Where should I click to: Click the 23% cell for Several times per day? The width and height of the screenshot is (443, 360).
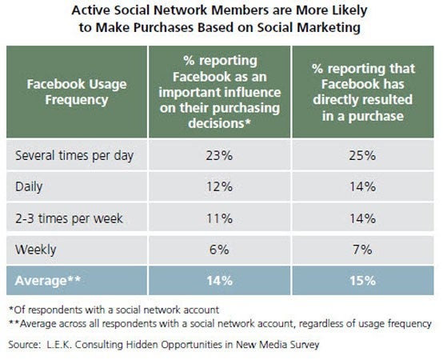point(219,155)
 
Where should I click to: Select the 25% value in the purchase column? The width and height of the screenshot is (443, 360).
point(362,155)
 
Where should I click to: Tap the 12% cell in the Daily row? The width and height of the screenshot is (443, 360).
point(219,186)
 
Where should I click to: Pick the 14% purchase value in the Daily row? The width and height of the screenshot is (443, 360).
point(363,186)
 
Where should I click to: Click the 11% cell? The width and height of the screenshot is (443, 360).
point(219,218)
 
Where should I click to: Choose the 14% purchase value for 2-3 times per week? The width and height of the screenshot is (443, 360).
point(363,218)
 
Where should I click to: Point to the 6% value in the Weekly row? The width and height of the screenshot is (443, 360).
point(219,250)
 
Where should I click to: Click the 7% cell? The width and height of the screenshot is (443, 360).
point(362,250)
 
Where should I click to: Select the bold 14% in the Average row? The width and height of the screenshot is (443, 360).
point(220,281)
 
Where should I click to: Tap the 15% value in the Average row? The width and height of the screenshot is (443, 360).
point(363,281)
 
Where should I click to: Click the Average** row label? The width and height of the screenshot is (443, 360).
point(47,281)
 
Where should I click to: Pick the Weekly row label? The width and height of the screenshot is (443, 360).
point(36,250)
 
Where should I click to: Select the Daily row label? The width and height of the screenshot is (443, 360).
point(29,187)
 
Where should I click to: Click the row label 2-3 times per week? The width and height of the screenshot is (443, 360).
point(69,218)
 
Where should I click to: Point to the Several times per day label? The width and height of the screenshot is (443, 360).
point(74,156)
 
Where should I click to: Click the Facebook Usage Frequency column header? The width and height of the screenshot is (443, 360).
point(77,92)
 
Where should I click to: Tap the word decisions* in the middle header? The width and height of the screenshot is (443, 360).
point(220,123)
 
